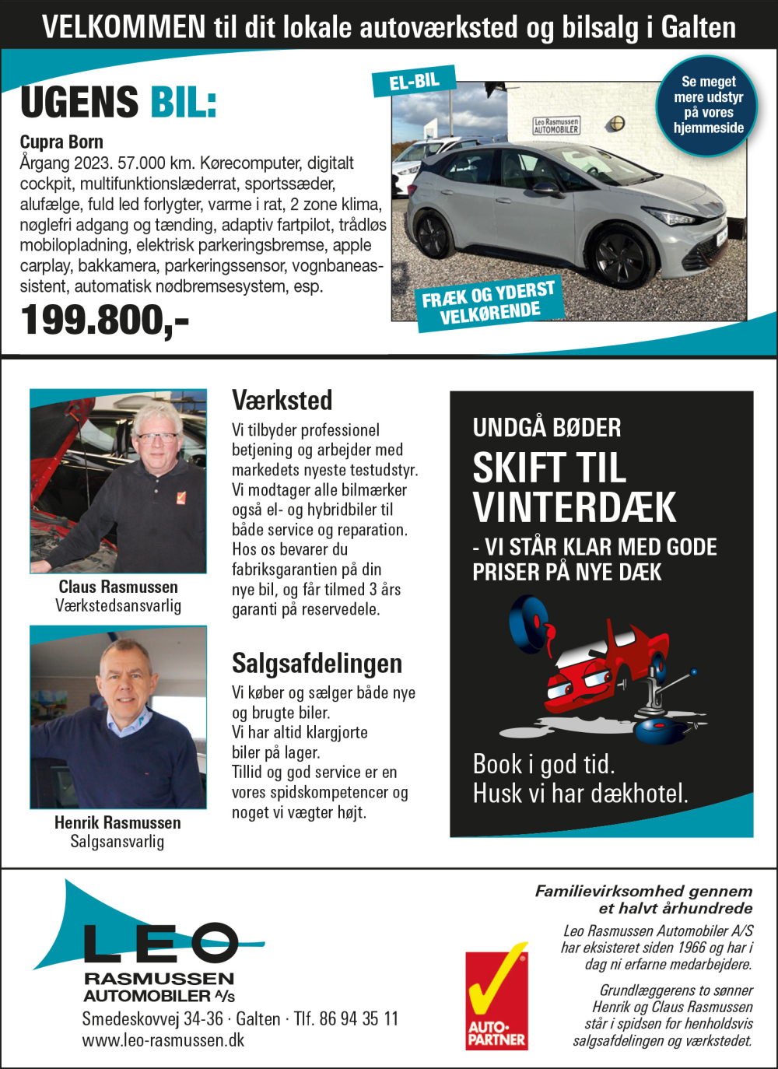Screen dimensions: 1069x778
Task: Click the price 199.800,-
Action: tap(104, 320)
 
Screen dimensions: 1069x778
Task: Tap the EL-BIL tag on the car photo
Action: tap(414, 81)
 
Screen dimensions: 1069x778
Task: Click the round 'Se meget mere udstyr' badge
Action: tap(708, 105)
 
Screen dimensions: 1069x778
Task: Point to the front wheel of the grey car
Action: tap(620, 256)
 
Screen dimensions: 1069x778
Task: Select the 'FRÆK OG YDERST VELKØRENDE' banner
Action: tap(489, 303)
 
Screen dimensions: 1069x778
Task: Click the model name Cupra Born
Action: tap(61, 142)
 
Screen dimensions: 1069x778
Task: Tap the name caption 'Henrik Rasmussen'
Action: tap(117, 822)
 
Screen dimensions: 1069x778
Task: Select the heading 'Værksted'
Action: tap(282, 400)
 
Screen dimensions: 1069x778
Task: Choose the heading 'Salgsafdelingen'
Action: tap(317, 664)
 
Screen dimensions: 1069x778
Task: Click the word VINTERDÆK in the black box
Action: tap(574, 508)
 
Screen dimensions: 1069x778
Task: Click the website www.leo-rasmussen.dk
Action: tap(163, 1040)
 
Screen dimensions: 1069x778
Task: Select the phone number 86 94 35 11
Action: tap(359, 1018)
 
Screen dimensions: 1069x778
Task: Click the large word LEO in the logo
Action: tap(159, 942)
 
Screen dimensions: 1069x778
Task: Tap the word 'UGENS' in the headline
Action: tap(79, 103)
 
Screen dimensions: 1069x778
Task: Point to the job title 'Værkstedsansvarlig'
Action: tap(118, 606)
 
